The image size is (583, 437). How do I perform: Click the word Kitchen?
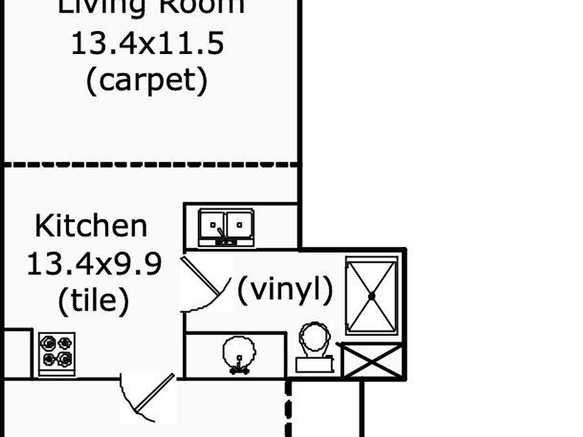coord(91,226)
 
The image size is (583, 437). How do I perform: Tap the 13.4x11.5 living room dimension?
coord(148,44)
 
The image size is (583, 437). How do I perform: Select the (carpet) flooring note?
coord(147,81)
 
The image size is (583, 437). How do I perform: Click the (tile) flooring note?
coord(94,300)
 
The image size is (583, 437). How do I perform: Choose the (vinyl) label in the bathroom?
coord(285,290)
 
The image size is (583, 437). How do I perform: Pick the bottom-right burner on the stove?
coord(64,360)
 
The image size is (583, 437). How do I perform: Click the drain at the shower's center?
coord(371,296)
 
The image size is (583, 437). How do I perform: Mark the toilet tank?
coord(315,364)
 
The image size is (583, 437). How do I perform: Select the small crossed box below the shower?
coord(372,361)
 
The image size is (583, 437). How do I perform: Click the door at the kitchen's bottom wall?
coord(148,398)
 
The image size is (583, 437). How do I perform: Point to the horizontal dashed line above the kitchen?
coord(152,164)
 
